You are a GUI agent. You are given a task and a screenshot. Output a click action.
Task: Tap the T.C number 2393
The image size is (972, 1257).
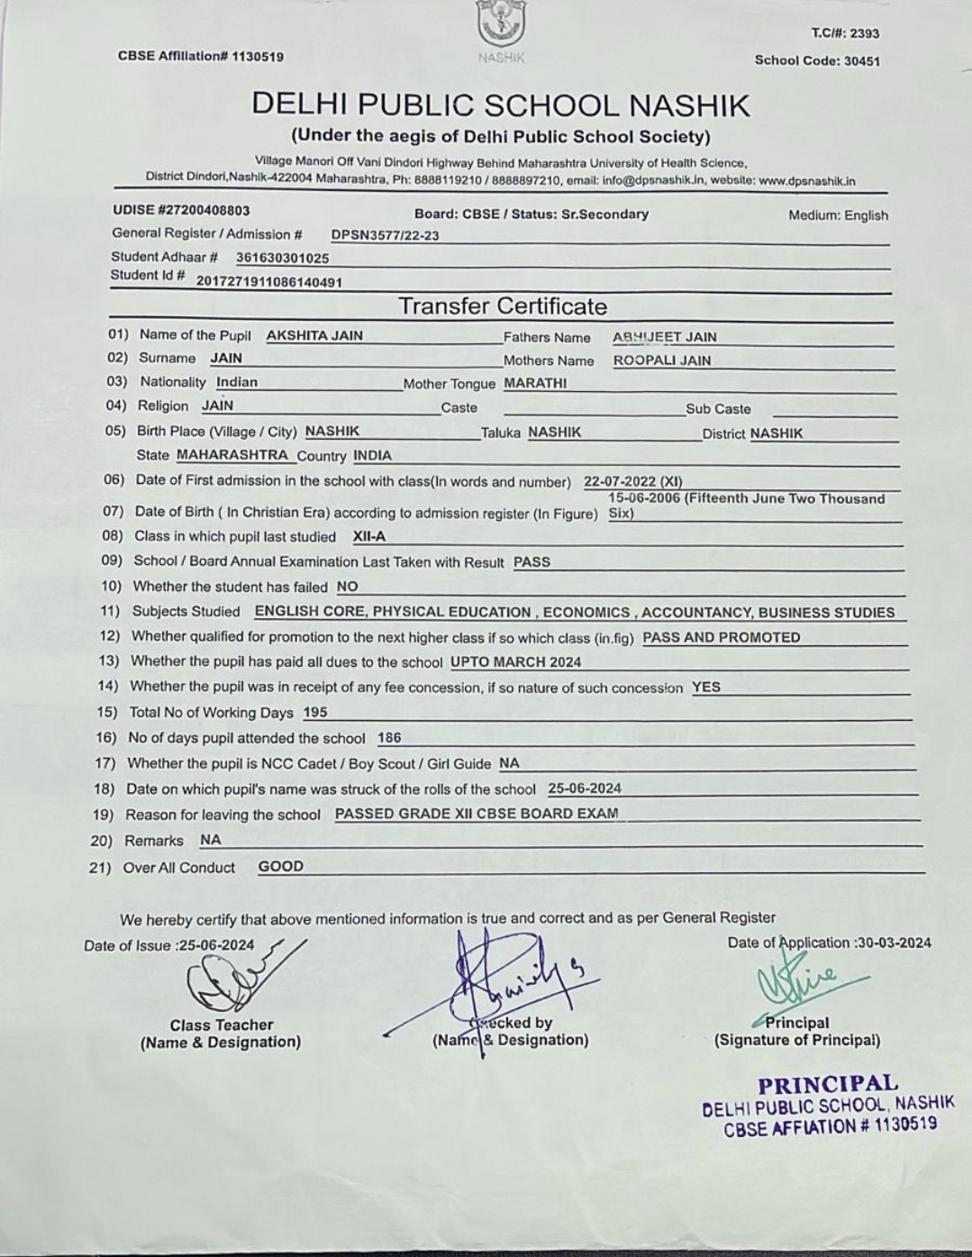point(864,33)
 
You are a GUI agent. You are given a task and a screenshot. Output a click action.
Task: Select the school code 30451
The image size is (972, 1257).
point(862,61)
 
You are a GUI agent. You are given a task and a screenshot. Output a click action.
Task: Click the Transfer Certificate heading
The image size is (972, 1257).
point(503,306)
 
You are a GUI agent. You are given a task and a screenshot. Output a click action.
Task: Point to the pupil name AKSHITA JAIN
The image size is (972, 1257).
point(314,335)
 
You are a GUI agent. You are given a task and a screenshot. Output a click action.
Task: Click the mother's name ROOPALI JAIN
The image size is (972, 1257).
point(662,360)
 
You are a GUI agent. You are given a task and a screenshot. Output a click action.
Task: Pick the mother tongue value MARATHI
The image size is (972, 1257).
point(535,383)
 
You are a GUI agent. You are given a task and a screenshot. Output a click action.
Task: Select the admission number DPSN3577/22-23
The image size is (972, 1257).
point(386,235)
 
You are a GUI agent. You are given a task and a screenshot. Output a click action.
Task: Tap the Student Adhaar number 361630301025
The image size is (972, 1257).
point(283,258)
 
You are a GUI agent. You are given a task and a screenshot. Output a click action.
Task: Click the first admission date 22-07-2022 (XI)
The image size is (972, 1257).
point(633,481)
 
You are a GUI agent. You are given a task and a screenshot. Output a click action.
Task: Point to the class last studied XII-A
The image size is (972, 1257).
point(369,536)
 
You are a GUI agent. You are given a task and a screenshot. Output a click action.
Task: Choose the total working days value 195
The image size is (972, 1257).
point(315,712)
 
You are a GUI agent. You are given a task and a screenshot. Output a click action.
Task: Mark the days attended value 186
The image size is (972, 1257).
point(389,737)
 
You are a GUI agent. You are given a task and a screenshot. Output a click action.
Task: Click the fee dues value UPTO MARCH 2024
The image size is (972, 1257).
point(515,661)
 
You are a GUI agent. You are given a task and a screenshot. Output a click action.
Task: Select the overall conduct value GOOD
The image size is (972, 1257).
point(281,866)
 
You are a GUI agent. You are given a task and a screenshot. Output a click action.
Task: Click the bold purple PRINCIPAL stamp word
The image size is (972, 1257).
point(828,1084)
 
